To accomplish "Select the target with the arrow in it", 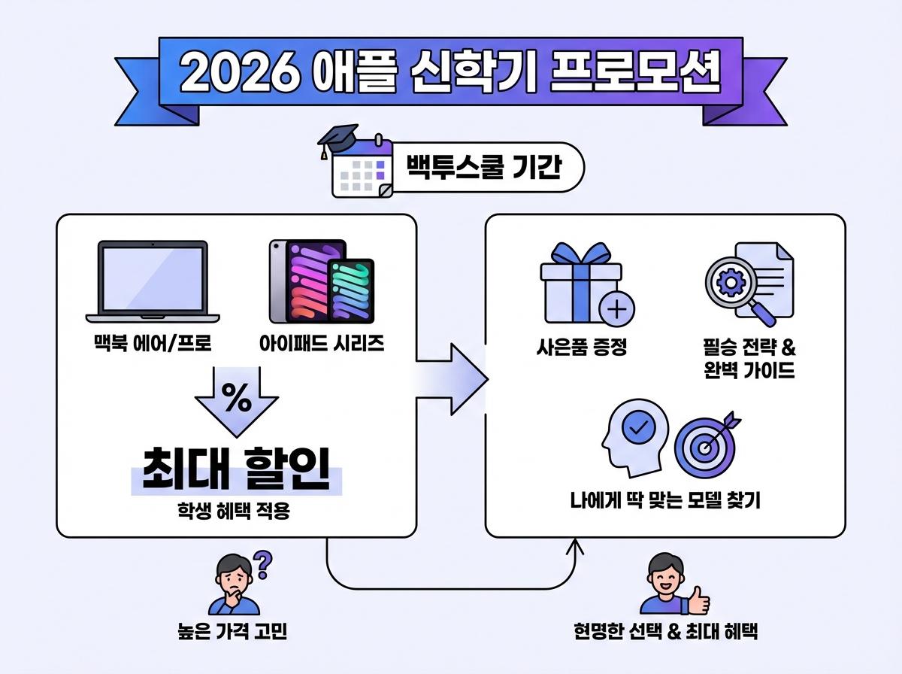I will (x=705, y=447).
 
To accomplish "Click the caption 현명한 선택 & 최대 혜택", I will (x=665, y=632).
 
